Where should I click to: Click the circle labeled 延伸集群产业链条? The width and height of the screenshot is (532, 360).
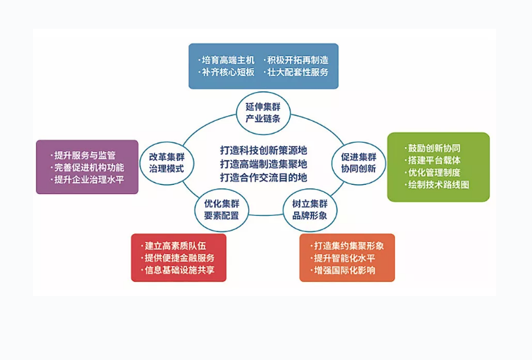click(262, 113)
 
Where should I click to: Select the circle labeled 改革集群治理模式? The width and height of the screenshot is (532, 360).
click(166, 163)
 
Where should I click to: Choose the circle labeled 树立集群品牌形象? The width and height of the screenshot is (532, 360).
click(310, 210)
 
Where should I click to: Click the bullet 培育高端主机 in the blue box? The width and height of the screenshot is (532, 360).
click(227, 60)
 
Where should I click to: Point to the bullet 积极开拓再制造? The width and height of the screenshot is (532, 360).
click(296, 60)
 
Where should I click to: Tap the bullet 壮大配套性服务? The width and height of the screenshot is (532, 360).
click(296, 72)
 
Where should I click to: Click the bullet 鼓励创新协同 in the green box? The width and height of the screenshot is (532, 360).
click(434, 148)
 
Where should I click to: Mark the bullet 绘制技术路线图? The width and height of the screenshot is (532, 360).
click(438, 184)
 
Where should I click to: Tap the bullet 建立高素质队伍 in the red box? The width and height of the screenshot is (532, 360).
click(175, 245)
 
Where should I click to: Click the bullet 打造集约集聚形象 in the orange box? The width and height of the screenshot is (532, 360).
click(349, 245)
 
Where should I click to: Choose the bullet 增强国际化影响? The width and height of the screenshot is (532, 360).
click(345, 270)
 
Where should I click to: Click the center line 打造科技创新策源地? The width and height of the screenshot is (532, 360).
click(263, 150)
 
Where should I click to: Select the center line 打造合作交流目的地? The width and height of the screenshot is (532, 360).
click(263, 176)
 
